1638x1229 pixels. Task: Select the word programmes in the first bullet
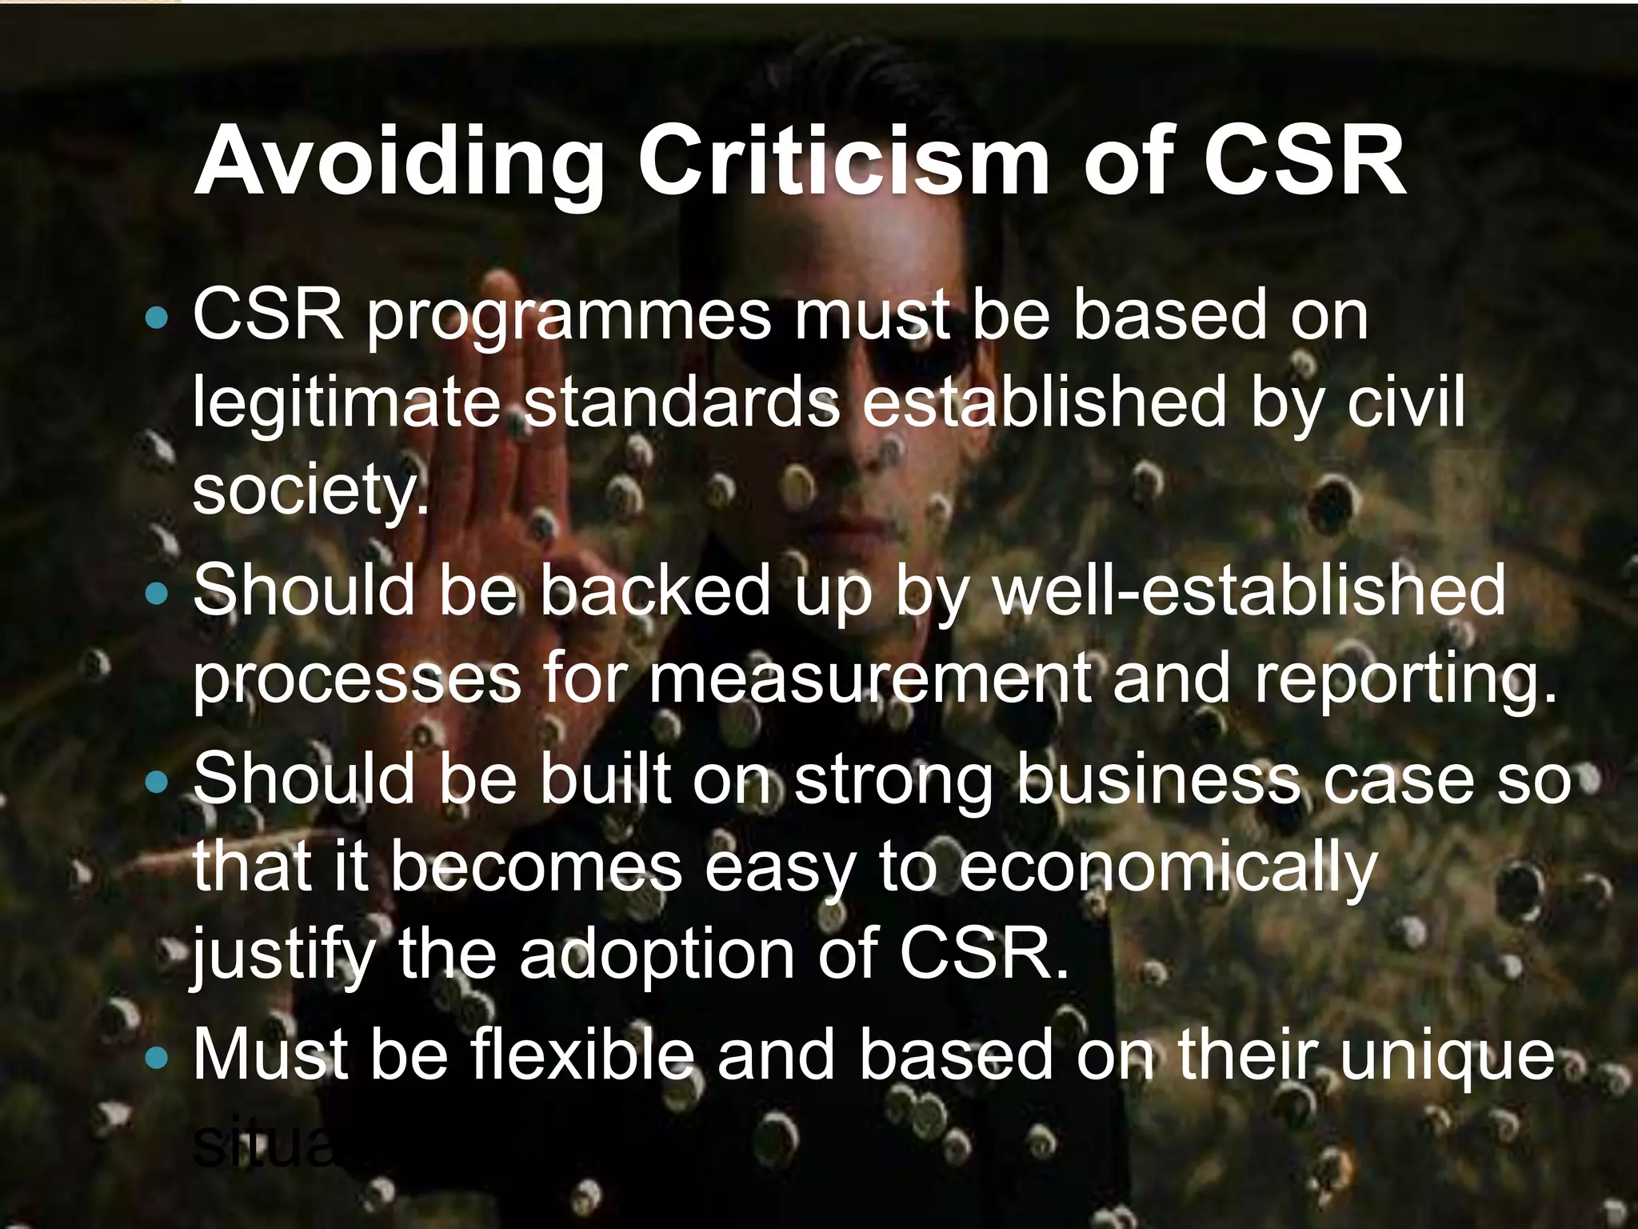[x=569, y=318]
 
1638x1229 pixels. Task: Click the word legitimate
[x=346, y=405]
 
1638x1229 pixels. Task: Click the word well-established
[x=1248, y=590]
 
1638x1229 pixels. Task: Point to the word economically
[x=1168, y=868]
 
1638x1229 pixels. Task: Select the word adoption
[x=657, y=956]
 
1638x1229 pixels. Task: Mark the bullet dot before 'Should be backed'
[x=158, y=594]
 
